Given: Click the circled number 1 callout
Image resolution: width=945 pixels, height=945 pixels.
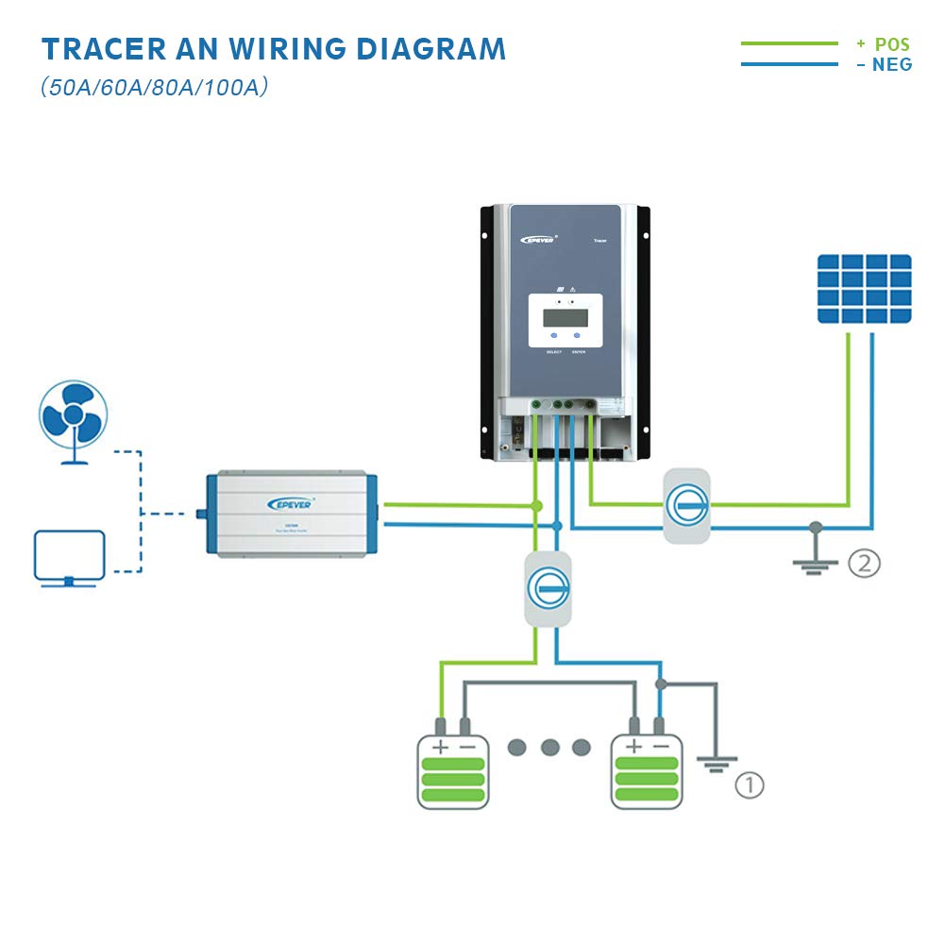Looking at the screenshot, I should [749, 785].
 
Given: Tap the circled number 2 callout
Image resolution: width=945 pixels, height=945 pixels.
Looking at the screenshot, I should [864, 564].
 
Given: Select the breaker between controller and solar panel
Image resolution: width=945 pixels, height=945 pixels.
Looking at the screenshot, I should [686, 505].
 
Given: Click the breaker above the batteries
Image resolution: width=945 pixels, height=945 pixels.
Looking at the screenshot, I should [548, 589].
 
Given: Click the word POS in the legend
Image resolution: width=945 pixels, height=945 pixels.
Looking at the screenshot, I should [892, 44].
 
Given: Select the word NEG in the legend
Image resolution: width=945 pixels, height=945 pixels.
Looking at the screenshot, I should [892, 65].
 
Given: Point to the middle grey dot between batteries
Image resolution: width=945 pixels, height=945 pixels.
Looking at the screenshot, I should [550, 748].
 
